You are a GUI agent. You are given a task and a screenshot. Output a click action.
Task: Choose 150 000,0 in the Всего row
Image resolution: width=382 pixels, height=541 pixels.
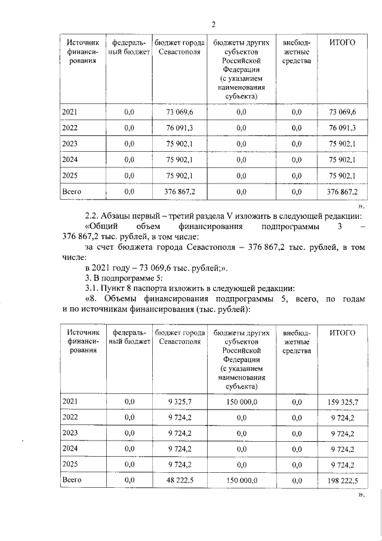(x=241, y=479)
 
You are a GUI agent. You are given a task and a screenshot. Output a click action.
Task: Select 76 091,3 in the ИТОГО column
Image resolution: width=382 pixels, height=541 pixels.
(x=343, y=128)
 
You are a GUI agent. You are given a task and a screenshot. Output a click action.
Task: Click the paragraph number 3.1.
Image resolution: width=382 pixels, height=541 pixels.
(x=93, y=286)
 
